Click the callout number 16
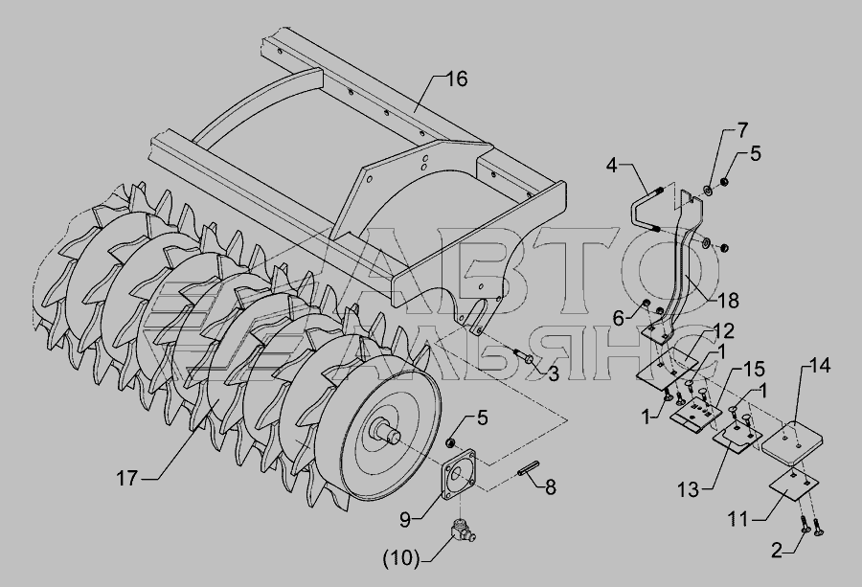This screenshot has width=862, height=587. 456,79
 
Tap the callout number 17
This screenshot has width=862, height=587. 126,478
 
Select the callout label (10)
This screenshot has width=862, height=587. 401,558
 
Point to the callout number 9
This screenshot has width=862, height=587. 405,519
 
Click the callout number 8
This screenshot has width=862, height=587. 550,486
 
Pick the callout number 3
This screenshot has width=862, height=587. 553,373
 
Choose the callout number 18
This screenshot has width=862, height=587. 727,300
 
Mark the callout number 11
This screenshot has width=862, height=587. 739,518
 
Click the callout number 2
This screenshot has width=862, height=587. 777,551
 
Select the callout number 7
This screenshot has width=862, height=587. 742,131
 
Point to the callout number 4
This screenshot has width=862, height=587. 613,165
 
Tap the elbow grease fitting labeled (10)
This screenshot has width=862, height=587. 463,531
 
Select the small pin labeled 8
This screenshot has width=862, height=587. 526,472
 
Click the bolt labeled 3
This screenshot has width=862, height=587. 522,355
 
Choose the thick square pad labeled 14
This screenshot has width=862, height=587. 792,437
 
